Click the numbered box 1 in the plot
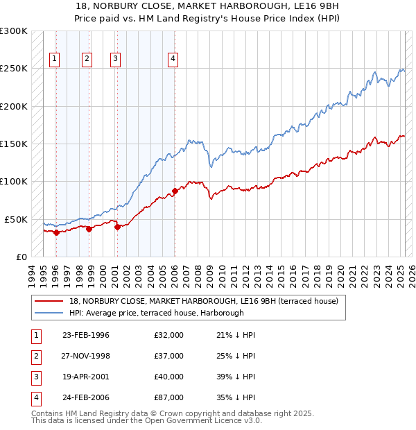[55, 59]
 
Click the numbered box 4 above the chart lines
[172, 59]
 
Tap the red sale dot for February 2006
[174, 191]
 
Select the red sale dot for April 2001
[116, 227]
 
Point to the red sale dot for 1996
[56, 232]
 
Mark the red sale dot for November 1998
[89, 229]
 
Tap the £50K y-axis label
[16, 219]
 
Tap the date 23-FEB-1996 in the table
[86, 335]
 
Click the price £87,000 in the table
[169, 397]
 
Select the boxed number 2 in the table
[34, 356]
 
